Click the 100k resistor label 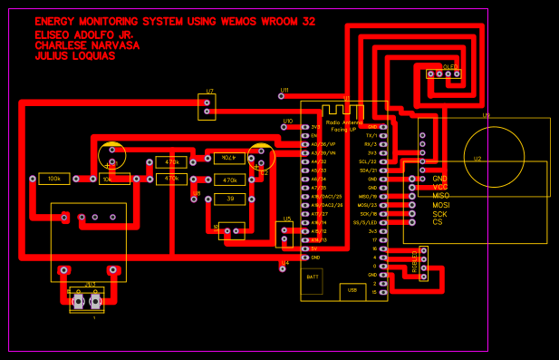(54, 180)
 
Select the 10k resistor (108, 180)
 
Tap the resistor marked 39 (230, 199)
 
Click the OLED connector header (443, 73)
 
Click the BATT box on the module (313, 276)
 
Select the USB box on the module (351, 290)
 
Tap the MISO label (441, 196)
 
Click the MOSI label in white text (441, 205)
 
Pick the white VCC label (440, 187)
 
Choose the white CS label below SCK (438, 222)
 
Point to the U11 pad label (284, 91)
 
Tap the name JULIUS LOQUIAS (74, 56)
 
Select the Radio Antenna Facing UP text (344, 125)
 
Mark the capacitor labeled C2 (261, 157)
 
